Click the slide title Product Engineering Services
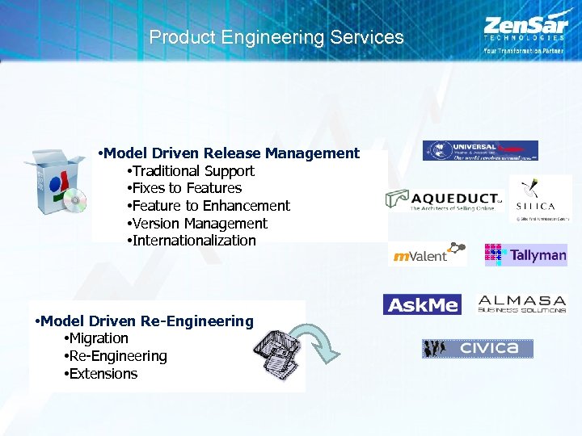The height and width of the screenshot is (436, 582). pyautogui.click(x=276, y=37)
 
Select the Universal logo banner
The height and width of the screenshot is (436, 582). pyautogui.click(x=480, y=151)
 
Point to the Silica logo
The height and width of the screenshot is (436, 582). pyautogui.click(x=540, y=199)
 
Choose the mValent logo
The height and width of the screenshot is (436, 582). pyautogui.click(x=428, y=254)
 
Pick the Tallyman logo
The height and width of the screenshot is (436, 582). pyautogui.click(x=525, y=255)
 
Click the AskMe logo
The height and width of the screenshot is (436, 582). pyautogui.click(x=421, y=304)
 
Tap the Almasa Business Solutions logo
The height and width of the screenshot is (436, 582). pyautogui.click(x=521, y=304)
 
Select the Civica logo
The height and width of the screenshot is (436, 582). pyautogui.click(x=477, y=349)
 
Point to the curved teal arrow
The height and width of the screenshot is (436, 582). pyautogui.click(x=319, y=342)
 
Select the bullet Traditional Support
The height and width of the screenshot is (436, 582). pyautogui.click(x=192, y=171)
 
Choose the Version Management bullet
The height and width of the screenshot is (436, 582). pyautogui.click(x=199, y=224)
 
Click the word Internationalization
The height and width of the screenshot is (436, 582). pyautogui.click(x=194, y=241)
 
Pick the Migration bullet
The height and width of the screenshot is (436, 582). pyautogui.click(x=98, y=338)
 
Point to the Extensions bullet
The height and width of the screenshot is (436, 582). pyautogui.click(x=103, y=374)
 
